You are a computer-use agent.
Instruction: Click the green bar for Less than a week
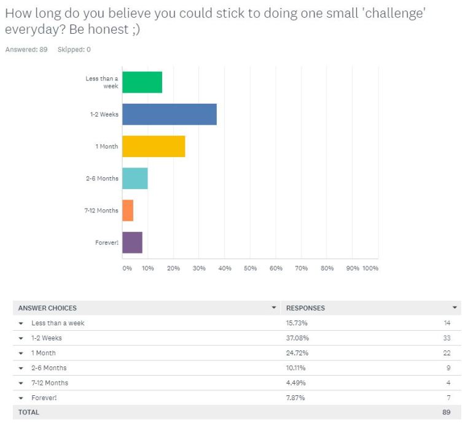(142, 82)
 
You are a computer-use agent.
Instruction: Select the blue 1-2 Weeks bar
(169, 114)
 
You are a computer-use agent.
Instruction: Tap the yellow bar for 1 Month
(154, 146)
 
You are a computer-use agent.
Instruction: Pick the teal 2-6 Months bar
(135, 179)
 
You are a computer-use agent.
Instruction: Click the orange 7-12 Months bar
(128, 211)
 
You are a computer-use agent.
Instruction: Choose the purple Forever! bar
(132, 242)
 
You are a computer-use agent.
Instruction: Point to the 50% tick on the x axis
(250, 268)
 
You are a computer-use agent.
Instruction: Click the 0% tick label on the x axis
(127, 268)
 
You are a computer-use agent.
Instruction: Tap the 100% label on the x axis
(370, 268)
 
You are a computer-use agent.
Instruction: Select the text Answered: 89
(26, 49)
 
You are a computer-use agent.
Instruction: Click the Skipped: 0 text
(74, 49)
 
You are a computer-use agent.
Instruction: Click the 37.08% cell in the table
(297, 338)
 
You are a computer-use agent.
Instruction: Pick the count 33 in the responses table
(447, 338)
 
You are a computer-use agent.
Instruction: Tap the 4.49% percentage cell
(296, 383)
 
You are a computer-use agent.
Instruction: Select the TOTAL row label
(28, 412)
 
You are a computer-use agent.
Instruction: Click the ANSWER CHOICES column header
(47, 307)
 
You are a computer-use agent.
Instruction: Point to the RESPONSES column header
(305, 307)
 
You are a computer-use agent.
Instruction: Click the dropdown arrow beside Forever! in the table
(21, 398)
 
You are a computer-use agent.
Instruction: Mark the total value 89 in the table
(447, 412)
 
